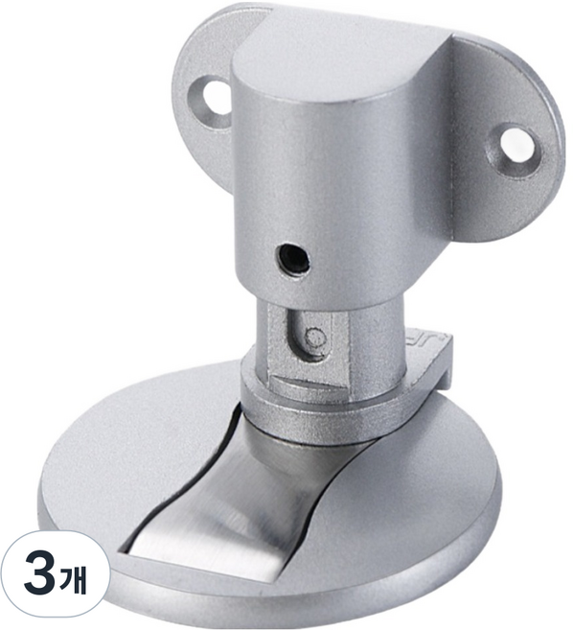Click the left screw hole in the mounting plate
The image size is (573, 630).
click(x=217, y=96)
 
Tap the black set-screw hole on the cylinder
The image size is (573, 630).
click(x=293, y=259)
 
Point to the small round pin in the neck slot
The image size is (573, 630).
click(x=315, y=336)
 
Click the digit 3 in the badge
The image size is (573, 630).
click(x=40, y=574)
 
